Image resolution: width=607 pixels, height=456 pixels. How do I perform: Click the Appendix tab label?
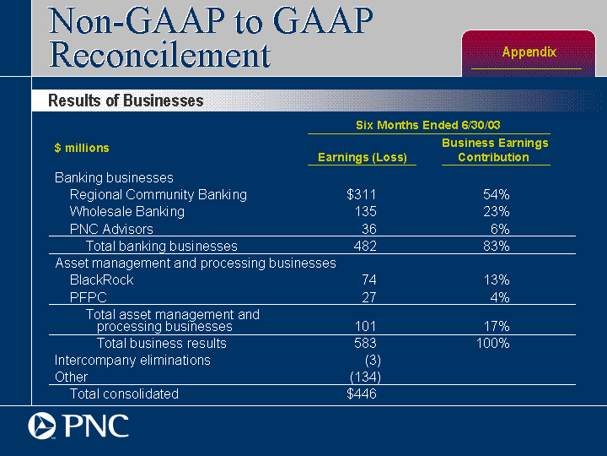529,52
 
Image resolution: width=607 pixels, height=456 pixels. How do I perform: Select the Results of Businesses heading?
126,100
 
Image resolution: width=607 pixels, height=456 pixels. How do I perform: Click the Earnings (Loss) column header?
362,158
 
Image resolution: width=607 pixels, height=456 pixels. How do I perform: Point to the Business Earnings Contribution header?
495,150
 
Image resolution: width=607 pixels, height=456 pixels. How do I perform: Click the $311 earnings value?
362,195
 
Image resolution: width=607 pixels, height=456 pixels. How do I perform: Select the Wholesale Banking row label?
126,212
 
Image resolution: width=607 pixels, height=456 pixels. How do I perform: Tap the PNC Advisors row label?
111,229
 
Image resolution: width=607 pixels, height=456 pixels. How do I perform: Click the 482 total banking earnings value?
364,247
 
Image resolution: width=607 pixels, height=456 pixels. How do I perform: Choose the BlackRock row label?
101,280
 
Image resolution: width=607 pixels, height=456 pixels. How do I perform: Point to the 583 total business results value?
364,344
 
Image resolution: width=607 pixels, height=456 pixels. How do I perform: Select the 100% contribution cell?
492,344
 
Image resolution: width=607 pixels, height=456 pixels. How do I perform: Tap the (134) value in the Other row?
365,377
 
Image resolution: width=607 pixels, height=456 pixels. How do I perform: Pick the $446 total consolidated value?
362,394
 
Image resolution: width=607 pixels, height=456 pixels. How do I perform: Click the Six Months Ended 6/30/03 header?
428,125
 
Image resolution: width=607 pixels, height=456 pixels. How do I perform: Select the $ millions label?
82,149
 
